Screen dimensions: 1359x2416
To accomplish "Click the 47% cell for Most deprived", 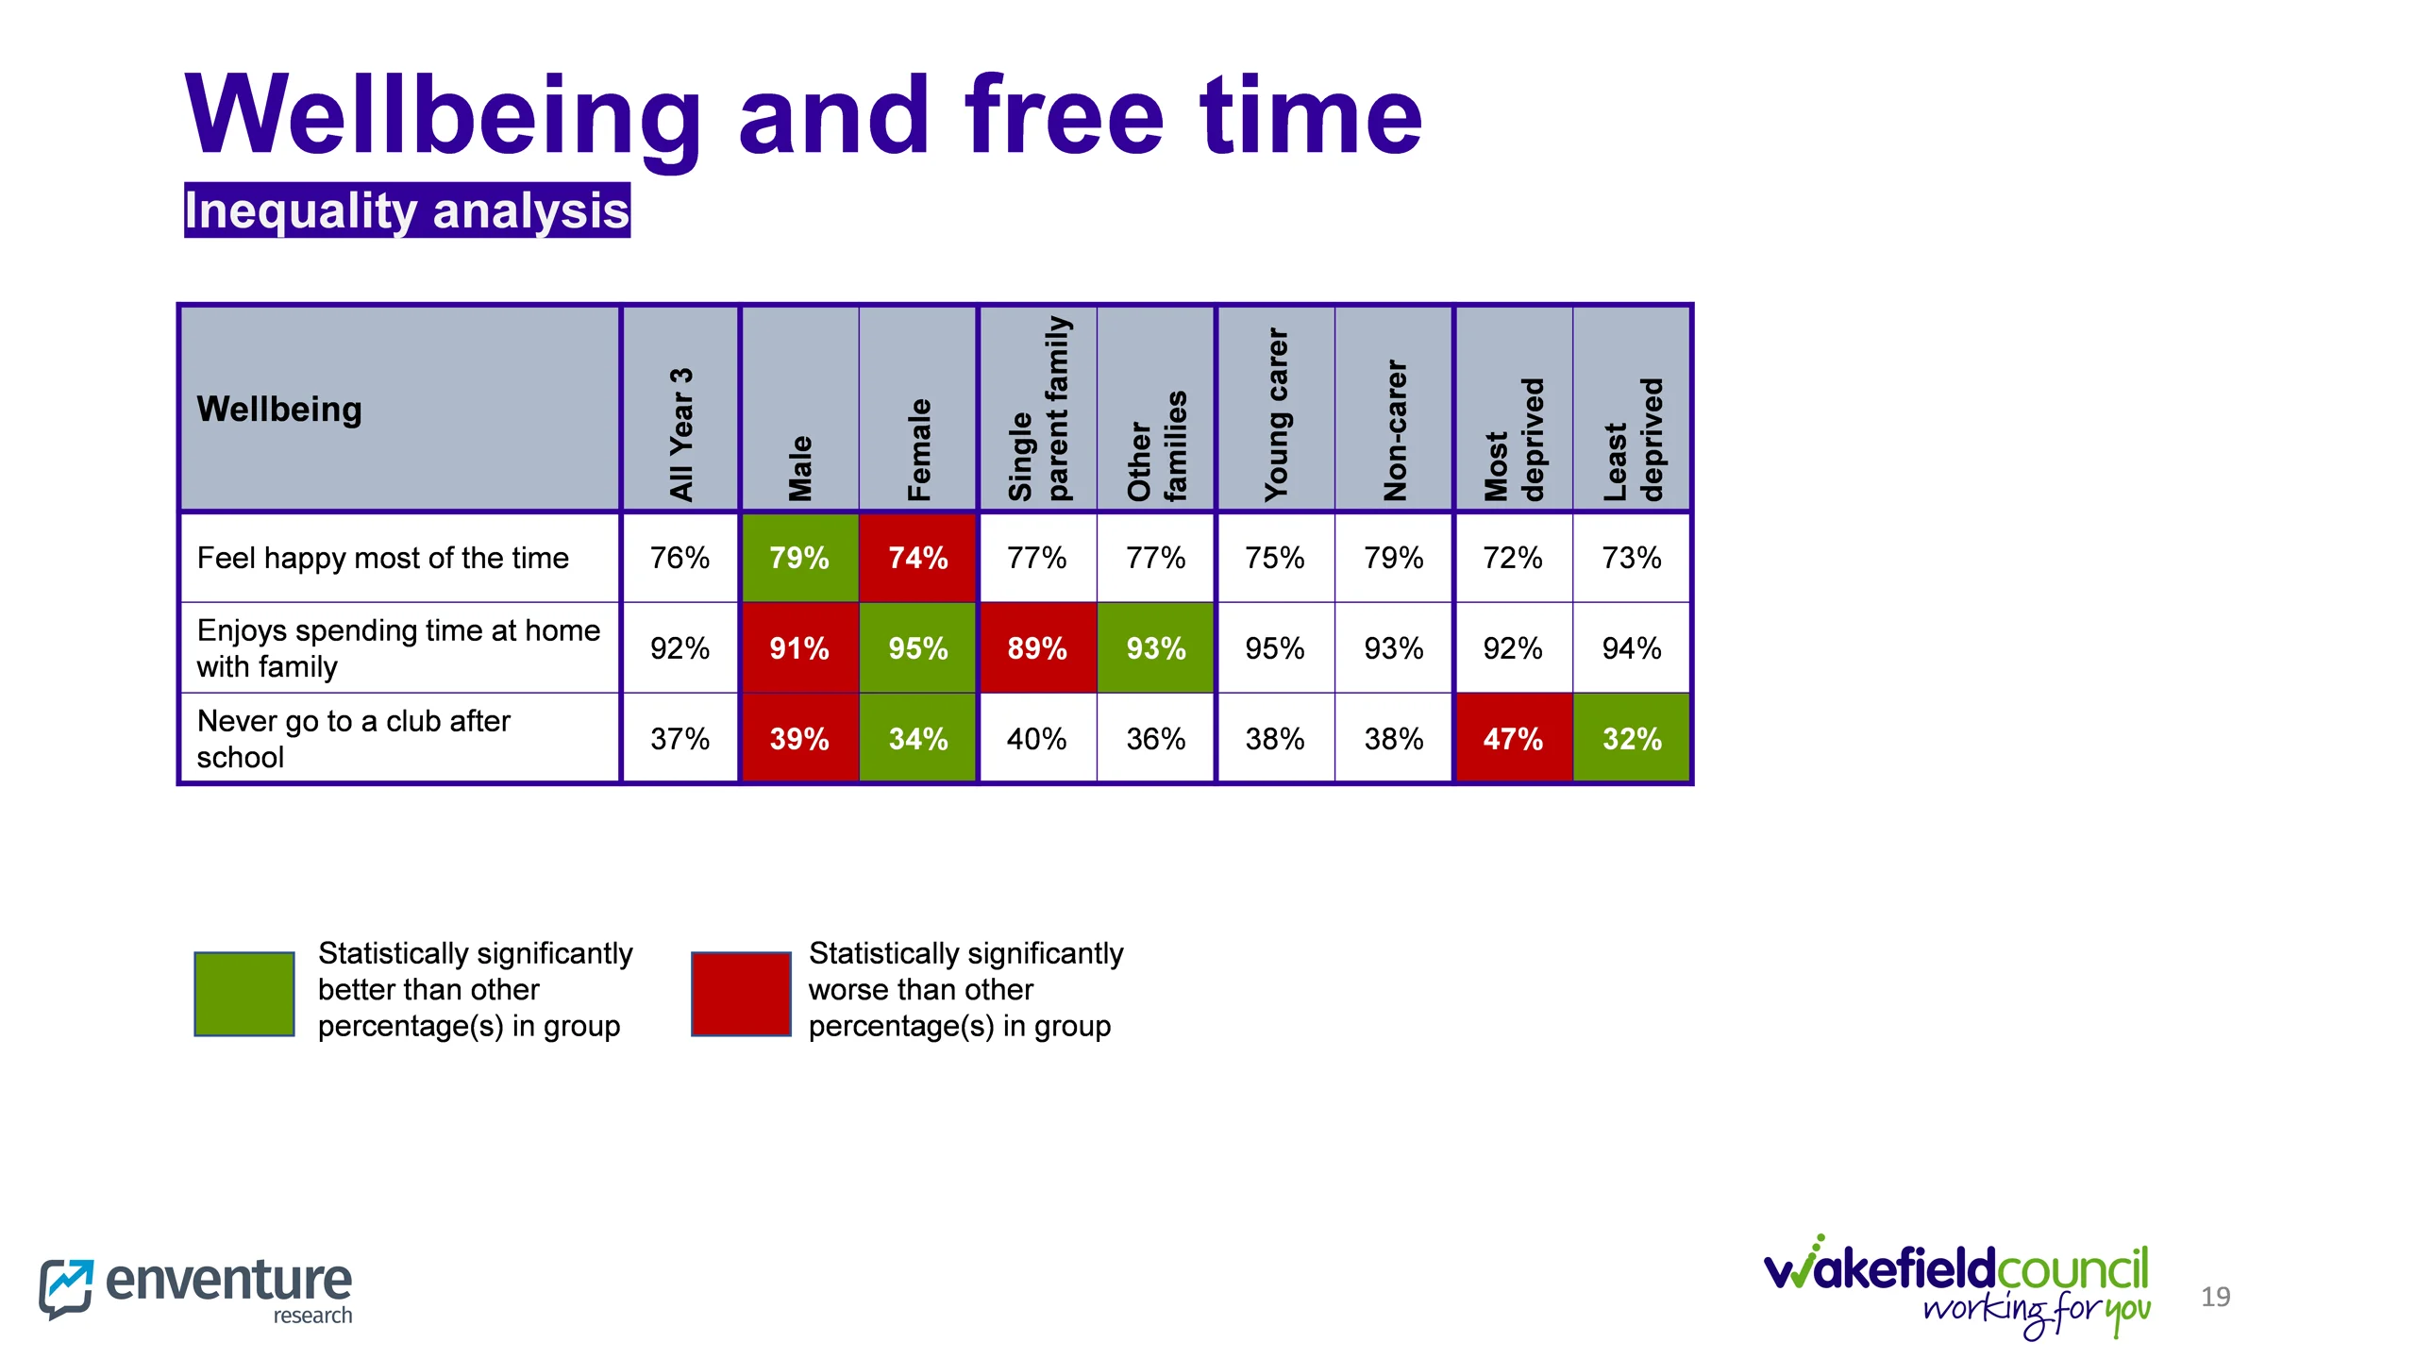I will [x=1512, y=739].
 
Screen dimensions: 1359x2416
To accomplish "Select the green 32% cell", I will [x=1631, y=739].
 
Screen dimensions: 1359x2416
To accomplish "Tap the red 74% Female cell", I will [x=917, y=558].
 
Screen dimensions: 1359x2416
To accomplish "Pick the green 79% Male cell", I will [x=798, y=558].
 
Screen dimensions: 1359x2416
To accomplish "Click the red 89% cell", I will [x=1036, y=648].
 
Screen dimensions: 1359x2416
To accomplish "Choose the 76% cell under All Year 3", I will [x=679, y=558].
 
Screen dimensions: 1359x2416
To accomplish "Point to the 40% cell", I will [x=1036, y=739].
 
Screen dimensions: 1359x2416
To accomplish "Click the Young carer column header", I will [x=1275, y=413].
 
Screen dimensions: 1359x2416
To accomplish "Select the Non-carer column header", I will [x=1394, y=429].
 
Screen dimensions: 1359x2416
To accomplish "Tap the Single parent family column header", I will [x=1038, y=409].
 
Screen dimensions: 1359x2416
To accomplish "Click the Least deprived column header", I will [x=1633, y=439].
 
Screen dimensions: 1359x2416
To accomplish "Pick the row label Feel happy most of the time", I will [x=382, y=558].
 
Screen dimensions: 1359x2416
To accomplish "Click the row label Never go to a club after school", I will [x=353, y=739].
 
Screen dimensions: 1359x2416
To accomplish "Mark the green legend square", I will [x=243, y=994].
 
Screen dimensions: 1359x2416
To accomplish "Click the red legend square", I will [x=741, y=994].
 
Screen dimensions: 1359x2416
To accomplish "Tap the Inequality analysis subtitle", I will [x=407, y=210].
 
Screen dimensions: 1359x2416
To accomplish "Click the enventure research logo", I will [x=195, y=1288].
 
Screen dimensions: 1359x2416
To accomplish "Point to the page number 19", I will [x=2215, y=1297].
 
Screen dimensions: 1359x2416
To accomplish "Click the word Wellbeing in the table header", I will [x=279, y=409].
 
